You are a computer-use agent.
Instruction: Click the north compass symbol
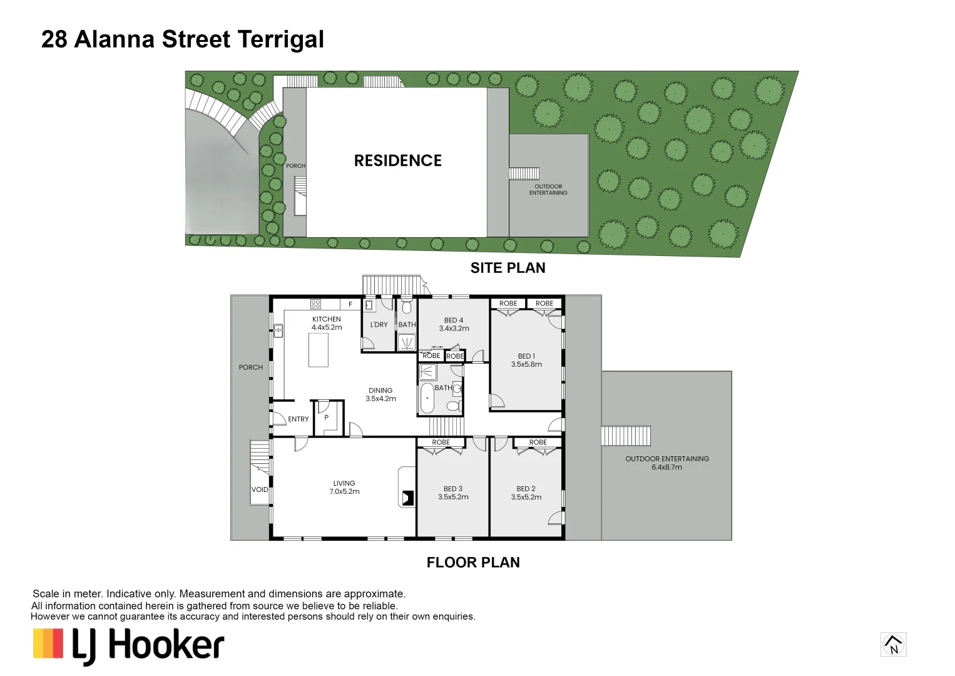893,644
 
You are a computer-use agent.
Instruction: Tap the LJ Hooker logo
129,645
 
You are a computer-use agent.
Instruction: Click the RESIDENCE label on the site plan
397,161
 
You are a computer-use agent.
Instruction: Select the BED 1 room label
526,356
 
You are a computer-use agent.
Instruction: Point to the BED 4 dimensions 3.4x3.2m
454,329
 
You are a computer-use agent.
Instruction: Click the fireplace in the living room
407,498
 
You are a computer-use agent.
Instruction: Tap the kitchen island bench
319,350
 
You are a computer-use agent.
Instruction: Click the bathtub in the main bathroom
427,399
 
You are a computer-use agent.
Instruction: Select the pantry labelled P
326,417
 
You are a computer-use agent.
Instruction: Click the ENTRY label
299,419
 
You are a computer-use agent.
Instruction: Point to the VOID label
260,490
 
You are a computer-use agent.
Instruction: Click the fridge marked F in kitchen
350,304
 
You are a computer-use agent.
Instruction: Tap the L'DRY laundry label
379,325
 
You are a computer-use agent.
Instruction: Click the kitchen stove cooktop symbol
316,304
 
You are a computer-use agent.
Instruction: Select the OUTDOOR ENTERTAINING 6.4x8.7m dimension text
667,468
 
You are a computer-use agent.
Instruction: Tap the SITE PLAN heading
508,268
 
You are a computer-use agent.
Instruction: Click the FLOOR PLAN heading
473,563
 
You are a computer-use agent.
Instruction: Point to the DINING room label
380,391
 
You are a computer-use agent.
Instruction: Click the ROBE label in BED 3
441,443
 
